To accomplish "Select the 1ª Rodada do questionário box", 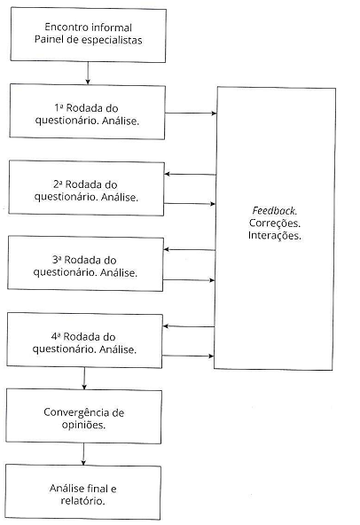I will pyautogui.click(x=87, y=111).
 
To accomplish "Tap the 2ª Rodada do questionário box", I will pyautogui.click(x=87, y=188).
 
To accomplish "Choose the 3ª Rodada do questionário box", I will pyautogui.click(x=87, y=264).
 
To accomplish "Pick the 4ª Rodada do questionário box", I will pyautogui.click(x=87, y=341).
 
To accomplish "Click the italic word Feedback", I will pyautogui.click(x=275, y=211).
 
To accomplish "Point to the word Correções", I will pyautogui.click(x=275, y=223).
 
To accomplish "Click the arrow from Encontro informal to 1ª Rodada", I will pyautogui.click(x=87, y=73).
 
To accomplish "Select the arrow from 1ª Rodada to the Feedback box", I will pyautogui.click(x=191, y=114).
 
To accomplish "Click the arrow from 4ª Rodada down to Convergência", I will pyautogui.click(x=84, y=377).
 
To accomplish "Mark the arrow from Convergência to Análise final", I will pyautogui.click(x=84, y=453).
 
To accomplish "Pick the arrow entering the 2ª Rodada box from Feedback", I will pyautogui.click(x=191, y=174).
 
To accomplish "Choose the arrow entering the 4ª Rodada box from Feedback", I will pyautogui.click(x=191, y=327).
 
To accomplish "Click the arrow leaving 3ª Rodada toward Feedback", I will pyautogui.click(x=191, y=280).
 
